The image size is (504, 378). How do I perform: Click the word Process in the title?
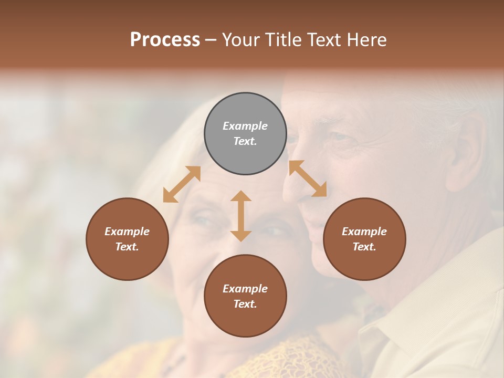pos(165,40)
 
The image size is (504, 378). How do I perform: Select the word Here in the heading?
pos(367,40)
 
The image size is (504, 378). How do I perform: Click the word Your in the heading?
pos(241,40)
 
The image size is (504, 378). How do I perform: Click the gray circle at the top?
pos(245,133)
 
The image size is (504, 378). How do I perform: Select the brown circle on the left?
pos(127,239)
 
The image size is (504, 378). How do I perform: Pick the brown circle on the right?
pos(364,239)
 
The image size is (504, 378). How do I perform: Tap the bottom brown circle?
pos(245,296)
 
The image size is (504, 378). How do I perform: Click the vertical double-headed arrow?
pos(241,216)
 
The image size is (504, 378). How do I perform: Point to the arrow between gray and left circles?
pos(182,184)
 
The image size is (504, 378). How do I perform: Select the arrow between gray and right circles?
pos(308,178)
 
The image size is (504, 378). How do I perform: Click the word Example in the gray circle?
pos(245,126)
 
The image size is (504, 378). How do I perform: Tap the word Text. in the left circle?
pos(127,247)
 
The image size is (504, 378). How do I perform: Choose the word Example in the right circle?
pos(364,232)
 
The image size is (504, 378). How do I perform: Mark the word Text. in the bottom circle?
pos(245,304)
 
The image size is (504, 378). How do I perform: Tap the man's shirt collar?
pos(404,325)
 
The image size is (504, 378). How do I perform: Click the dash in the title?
pos(211,40)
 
